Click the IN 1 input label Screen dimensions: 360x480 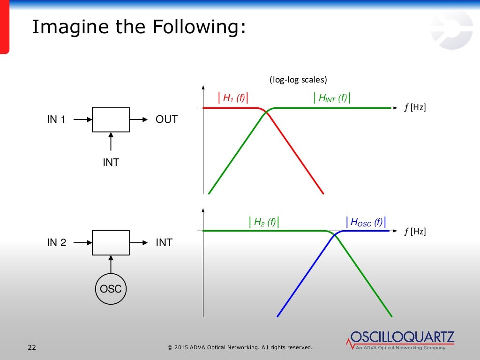point(56,120)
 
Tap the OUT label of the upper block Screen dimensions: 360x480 point(166,120)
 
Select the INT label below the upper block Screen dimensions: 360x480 point(111,163)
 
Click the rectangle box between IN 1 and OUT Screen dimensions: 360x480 point(111,120)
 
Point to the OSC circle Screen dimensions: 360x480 point(111,289)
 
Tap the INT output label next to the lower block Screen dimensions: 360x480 point(164,243)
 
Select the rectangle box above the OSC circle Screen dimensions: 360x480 point(111,242)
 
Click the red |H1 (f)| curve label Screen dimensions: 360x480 point(233,98)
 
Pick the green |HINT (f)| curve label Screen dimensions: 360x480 point(332,98)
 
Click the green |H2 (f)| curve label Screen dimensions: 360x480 point(264,222)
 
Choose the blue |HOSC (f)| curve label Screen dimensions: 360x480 point(368,222)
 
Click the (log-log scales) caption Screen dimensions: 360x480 point(298,80)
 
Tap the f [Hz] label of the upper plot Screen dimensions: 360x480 point(414,108)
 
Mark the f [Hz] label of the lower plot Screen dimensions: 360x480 point(414,231)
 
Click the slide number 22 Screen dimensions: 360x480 point(32,347)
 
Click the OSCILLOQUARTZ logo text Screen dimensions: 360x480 point(402,337)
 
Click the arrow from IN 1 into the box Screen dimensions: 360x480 point(82,120)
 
